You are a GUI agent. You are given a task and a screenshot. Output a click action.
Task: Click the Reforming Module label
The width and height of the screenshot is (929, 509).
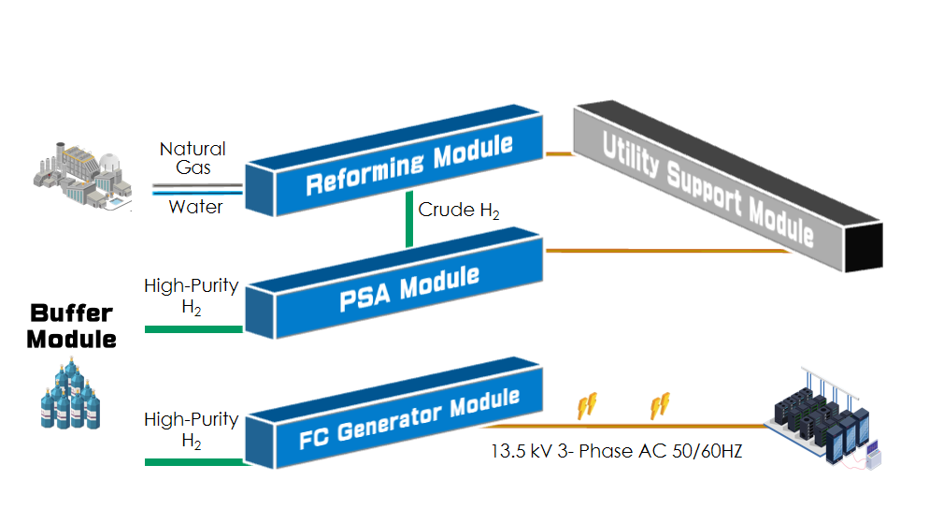coord(409,164)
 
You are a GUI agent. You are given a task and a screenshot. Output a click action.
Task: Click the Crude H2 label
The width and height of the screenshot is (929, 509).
coord(459,211)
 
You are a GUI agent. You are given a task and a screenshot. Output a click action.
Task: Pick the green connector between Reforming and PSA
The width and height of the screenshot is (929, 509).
coord(409,219)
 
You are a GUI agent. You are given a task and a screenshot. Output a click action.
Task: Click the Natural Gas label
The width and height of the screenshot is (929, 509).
coord(193,158)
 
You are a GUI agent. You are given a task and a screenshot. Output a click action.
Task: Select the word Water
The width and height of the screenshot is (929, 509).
coord(195,207)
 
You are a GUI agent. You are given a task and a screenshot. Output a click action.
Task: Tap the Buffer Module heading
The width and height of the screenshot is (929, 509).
coord(71,326)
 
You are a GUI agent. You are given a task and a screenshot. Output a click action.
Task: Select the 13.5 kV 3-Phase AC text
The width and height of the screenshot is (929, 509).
coord(617,451)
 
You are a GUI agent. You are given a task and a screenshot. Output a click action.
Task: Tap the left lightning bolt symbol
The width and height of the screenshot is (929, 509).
coord(587,404)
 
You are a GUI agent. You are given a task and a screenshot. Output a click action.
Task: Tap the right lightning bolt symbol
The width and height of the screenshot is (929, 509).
coord(659,404)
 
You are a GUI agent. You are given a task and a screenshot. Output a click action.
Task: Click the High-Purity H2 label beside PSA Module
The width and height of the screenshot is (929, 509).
coord(192,294)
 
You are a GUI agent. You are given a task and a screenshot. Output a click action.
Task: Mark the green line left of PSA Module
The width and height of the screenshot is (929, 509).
coord(193,328)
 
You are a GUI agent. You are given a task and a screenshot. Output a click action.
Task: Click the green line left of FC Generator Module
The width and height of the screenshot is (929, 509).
coord(193,461)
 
